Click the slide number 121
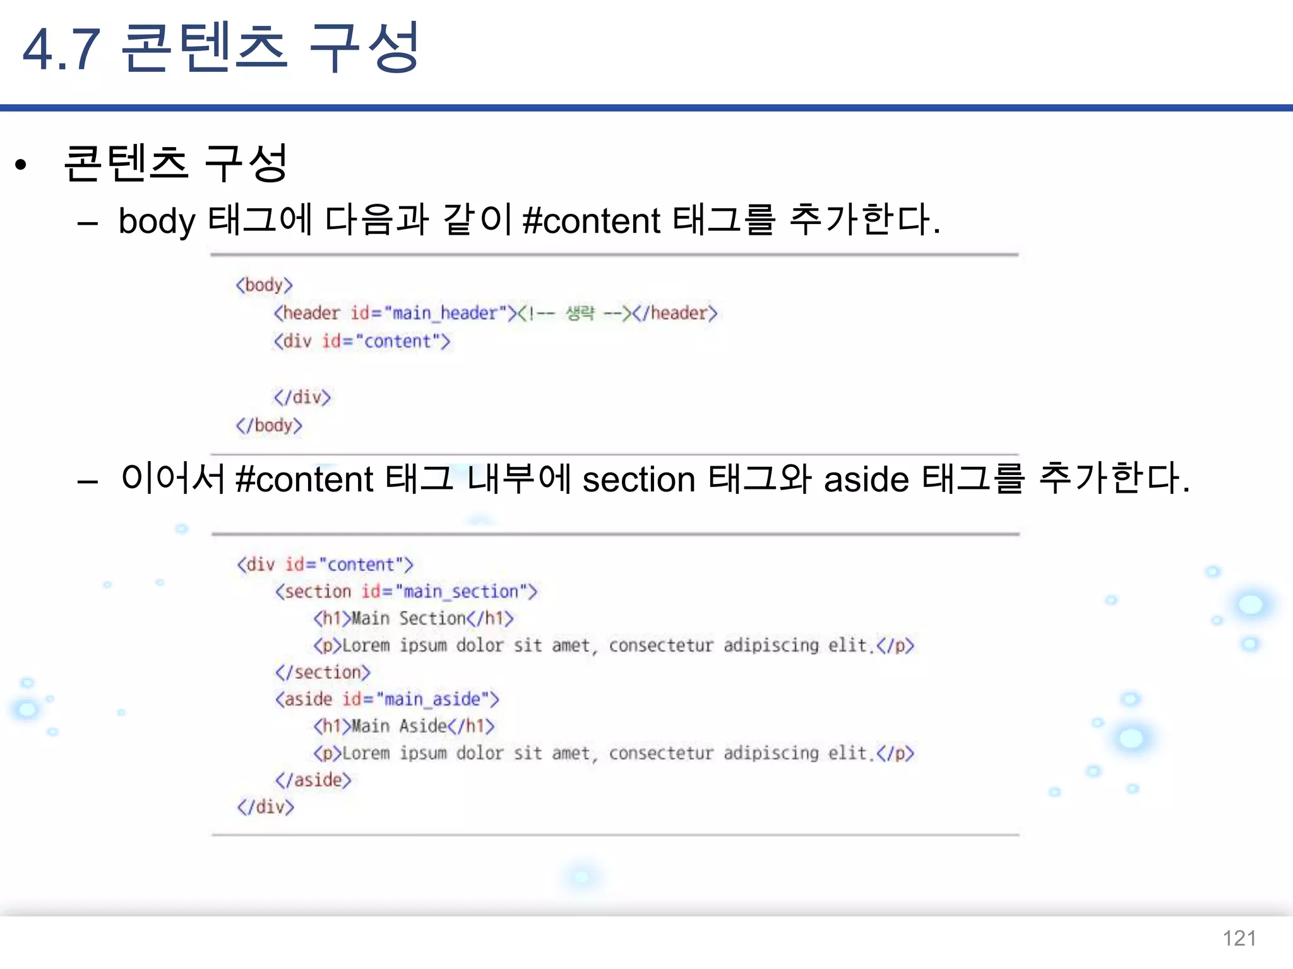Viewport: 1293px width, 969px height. tap(1239, 938)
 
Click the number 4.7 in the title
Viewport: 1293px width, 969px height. tap(61, 49)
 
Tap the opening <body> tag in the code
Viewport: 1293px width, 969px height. tap(265, 285)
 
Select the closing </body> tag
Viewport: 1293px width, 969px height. tap(269, 425)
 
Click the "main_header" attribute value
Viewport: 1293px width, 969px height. tap(446, 313)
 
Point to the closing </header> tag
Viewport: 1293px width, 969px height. tap(676, 313)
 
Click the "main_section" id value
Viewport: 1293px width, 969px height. tap(461, 592)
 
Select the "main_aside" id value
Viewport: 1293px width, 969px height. tap(432, 700)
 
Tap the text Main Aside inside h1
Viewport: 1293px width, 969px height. tap(400, 726)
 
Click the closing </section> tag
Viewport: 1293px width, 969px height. tap(323, 672)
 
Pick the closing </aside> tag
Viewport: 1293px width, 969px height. tap(313, 780)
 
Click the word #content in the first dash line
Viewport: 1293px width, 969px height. tap(592, 221)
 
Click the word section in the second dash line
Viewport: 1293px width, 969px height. tap(639, 479)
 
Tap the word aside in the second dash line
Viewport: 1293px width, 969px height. tap(866, 479)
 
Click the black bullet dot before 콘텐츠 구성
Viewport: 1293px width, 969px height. tap(21, 165)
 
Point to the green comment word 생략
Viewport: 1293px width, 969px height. tap(580, 313)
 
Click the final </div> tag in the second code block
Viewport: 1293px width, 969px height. tap(266, 807)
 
